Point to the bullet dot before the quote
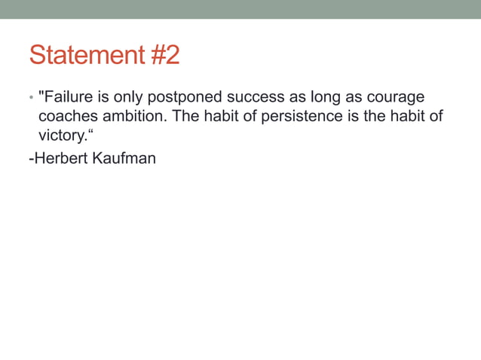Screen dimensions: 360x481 click(31, 99)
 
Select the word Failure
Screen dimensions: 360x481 click(70, 98)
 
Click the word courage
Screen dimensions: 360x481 click(394, 98)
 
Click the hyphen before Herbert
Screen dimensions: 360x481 click(30, 159)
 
